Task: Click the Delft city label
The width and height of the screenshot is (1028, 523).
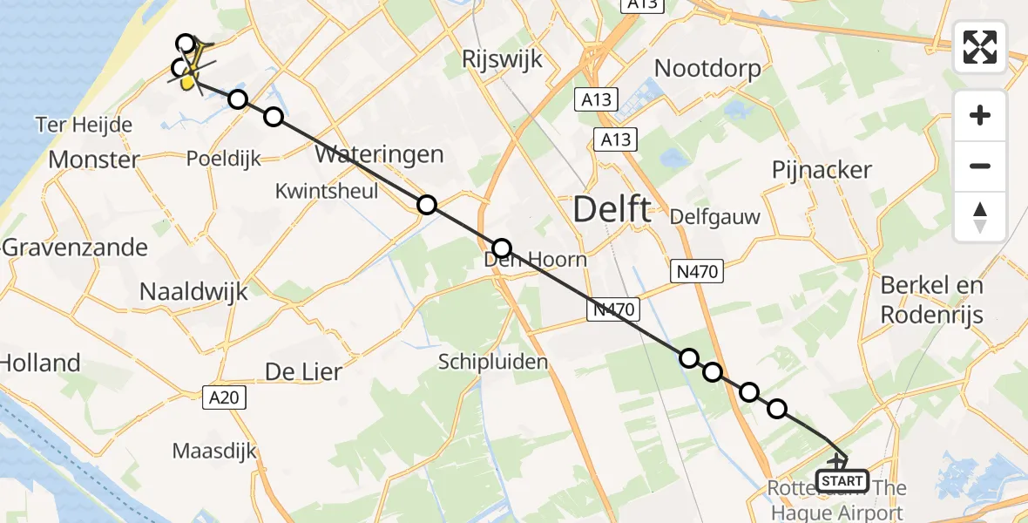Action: [612, 209]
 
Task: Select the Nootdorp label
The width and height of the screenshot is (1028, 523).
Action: [707, 68]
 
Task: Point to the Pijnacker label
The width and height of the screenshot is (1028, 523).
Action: [822, 169]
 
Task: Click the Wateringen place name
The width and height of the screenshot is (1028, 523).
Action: [379, 155]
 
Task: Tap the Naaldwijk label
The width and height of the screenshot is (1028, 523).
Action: [193, 292]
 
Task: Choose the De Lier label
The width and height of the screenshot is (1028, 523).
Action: [303, 372]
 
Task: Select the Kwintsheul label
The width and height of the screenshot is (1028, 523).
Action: [326, 191]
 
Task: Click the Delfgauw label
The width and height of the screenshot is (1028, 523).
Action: [715, 217]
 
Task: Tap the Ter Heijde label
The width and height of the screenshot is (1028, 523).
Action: [85, 125]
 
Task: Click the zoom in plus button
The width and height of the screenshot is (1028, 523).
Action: [980, 115]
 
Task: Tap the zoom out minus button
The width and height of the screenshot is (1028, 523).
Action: [980, 166]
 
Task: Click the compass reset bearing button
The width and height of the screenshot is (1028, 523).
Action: [980, 217]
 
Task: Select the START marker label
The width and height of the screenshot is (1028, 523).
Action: [842, 480]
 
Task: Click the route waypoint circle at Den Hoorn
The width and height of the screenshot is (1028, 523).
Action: [502, 247]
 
